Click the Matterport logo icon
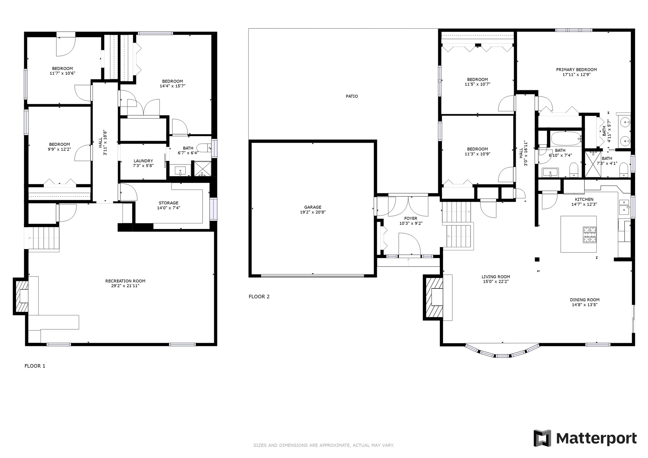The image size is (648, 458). click(542, 438)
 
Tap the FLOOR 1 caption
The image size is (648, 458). click(35, 366)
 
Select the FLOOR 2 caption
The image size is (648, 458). click(259, 297)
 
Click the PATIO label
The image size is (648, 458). click(352, 96)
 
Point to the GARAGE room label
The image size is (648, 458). click(313, 207)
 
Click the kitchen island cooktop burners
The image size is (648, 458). click(590, 235)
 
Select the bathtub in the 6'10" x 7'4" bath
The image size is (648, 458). click(567, 139)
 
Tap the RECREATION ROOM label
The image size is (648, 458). click(125, 281)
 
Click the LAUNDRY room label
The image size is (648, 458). click(143, 161)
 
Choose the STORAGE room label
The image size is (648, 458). click(168, 203)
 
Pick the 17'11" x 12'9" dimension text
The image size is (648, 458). click(576, 75)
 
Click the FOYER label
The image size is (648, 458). click(411, 218)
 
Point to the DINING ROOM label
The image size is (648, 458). click(585, 300)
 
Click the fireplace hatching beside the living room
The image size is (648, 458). click(434, 297)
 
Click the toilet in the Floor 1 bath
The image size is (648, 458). click(204, 148)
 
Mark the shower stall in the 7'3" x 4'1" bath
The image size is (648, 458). click(593, 164)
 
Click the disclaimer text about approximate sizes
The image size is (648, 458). click(324, 445)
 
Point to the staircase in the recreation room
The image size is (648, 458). click(43, 239)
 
